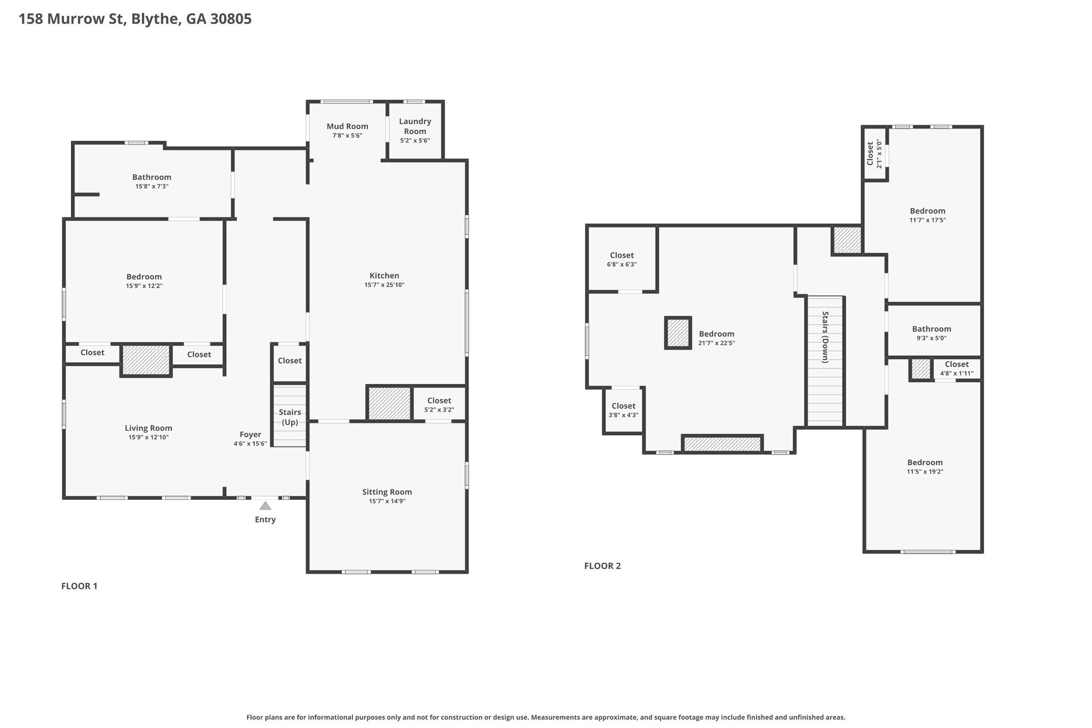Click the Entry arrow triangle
tap(265, 506)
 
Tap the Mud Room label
tap(348, 126)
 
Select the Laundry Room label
tap(415, 126)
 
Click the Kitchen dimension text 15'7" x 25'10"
tap(384, 285)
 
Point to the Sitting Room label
tap(387, 492)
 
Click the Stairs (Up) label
tap(290, 417)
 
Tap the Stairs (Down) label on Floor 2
tap(825, 337)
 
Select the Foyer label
tap(250, 435)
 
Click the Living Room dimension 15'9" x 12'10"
tap(149, 437)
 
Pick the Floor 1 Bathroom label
tap(152, 177)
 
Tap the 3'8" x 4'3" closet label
tap(623, 410)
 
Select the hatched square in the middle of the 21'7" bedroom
tap(678, 333)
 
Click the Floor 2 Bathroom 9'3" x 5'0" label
tap(932, 333)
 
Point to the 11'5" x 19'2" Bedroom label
tap(925, 467)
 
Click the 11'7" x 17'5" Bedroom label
tap(928, 215)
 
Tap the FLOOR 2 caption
tap(603, 566)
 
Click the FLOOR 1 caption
tap(79, 586)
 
